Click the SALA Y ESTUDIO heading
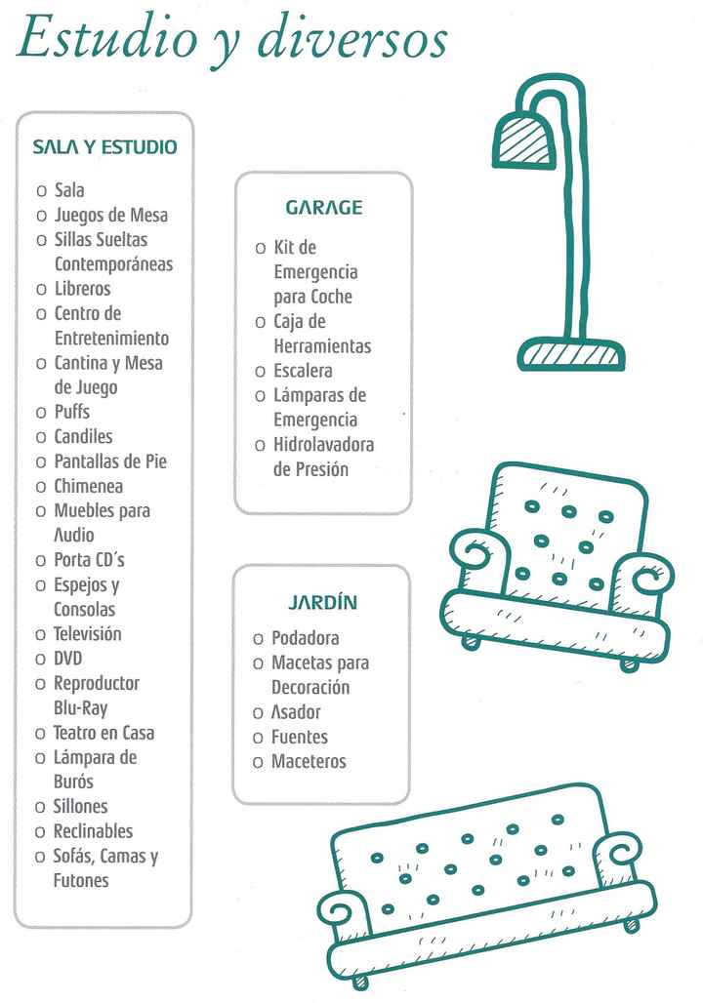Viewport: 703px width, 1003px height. click(104, 147)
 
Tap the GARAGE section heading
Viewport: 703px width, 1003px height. click(323, 208)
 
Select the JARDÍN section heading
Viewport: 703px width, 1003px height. click(322, 603)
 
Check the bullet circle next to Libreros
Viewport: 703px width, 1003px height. click(41, 290)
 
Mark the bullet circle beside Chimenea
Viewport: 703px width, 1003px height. click(41, 487)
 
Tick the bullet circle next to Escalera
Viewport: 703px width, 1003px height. click(261, 372)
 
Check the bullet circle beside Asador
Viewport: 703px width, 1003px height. click(259, 713)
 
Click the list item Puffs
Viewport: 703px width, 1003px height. click(71, 413)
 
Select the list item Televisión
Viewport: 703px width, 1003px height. click(87, 634)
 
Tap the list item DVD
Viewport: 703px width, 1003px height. click(68, 659)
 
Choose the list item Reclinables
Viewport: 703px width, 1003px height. click(93, 831)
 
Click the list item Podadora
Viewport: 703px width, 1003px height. click(305, 639)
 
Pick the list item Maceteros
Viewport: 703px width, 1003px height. click(309, 762)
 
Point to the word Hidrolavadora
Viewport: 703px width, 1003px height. click(323, 445)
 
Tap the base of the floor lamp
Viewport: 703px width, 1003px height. click(571, 354)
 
